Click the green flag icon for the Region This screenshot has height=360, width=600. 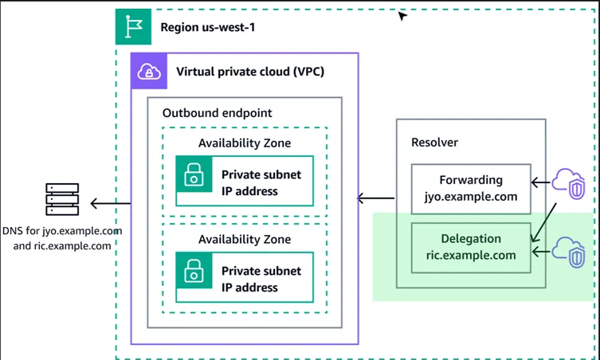click(133, 26)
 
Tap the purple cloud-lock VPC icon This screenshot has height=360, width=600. click(149, 72)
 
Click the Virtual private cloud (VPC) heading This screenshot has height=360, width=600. click(250, 72)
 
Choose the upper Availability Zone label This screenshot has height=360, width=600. click(245, 143)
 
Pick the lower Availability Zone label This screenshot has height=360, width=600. click(245, 239)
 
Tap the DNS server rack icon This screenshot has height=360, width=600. click(63, 199)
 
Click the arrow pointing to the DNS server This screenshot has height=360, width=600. click(110, 204)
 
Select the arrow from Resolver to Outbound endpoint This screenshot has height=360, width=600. click(375, 198)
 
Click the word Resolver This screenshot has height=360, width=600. click(434, 143)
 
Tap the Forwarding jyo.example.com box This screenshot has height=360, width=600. click(471, 189)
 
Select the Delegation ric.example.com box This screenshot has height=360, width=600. click(471, 247)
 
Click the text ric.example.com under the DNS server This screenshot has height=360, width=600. click(62, 246)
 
